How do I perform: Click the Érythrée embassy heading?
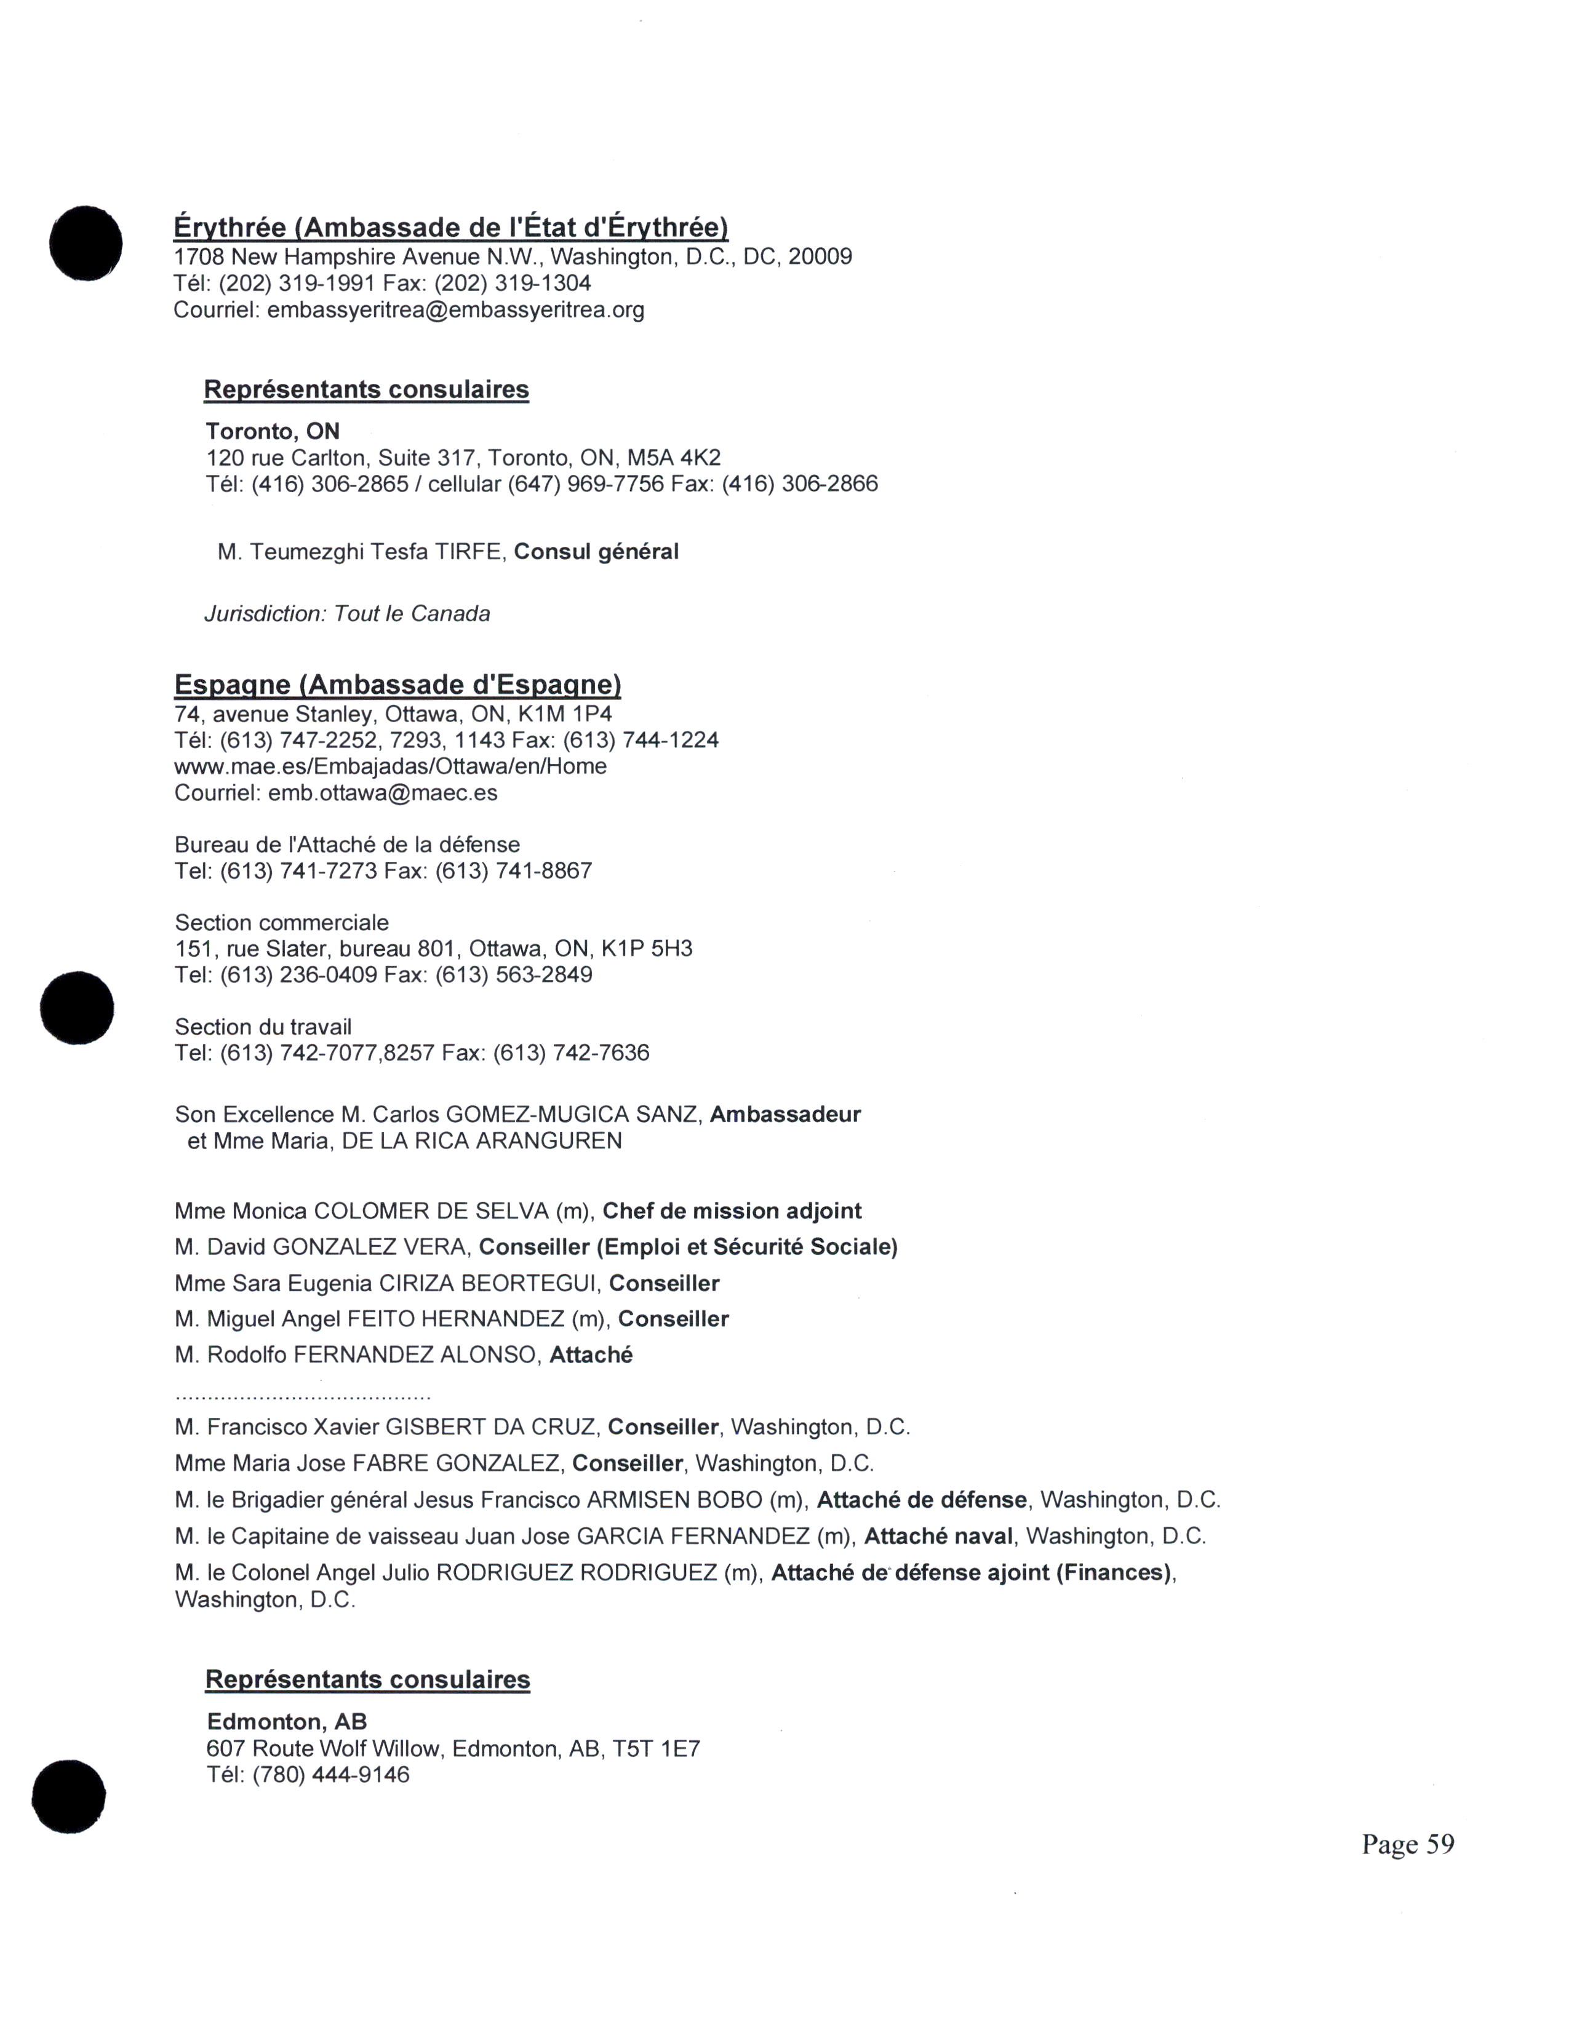click(451, 228)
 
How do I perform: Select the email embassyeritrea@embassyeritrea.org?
click(455, 309)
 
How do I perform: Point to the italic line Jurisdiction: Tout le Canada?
click(346, 613)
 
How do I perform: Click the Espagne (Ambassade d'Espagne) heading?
click(398, 685)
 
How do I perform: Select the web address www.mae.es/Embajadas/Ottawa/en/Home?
click(390, 767)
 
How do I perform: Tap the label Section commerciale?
click(282, 923)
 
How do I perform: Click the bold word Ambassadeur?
click(786, 1115)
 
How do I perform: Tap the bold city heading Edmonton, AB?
click(286, 1721)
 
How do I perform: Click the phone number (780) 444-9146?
click(331, 1774)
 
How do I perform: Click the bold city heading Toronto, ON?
click(273, 431)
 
